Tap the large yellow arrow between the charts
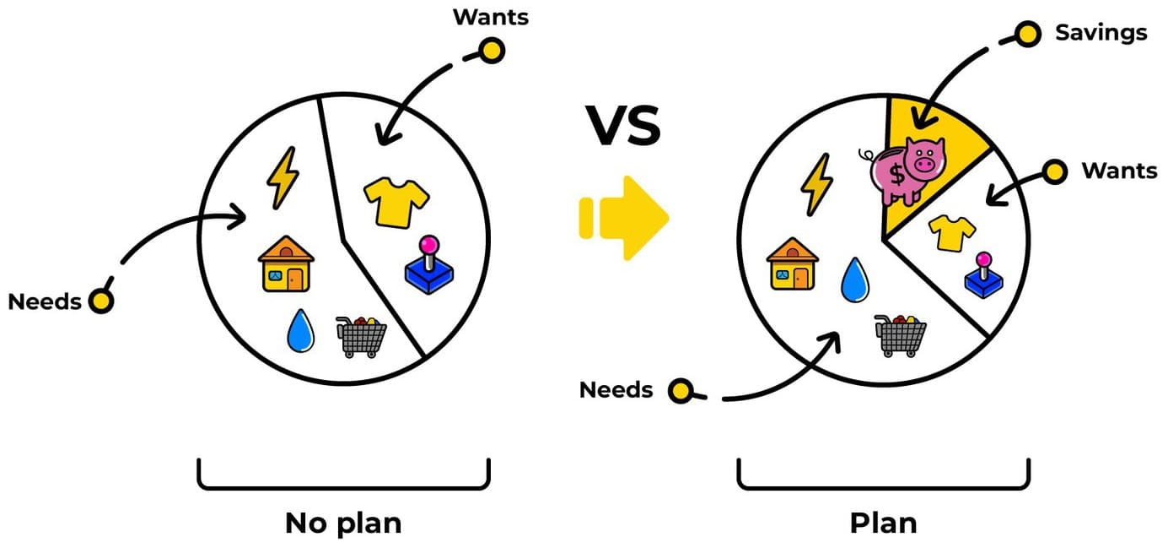626,218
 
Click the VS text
623,126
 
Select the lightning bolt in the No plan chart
283,178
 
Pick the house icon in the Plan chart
792,263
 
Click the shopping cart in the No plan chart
361,337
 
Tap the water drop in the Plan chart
855,279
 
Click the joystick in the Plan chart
983,275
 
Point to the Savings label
1101,33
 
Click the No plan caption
343,524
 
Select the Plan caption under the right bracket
883,524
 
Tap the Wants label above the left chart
491,17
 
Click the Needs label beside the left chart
45,301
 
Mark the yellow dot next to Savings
1028,35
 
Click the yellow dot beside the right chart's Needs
681,391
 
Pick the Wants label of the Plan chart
1119,171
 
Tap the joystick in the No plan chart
429,265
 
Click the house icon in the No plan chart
286,263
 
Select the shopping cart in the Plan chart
901,335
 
